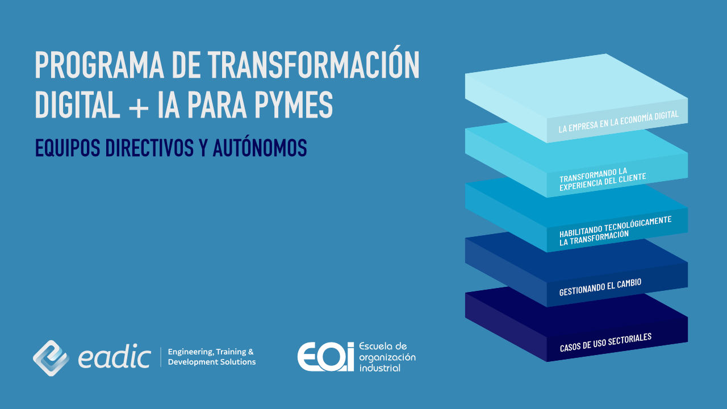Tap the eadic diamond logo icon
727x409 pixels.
click(51, 358)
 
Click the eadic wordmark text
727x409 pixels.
click(114, 358)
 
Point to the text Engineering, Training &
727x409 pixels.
click(211, 352)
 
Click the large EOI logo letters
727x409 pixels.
click(325, 357)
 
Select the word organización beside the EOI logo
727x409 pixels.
click(387, 357)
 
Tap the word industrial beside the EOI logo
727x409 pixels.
click(379, 368)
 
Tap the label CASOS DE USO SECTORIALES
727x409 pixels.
click(605, 342)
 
